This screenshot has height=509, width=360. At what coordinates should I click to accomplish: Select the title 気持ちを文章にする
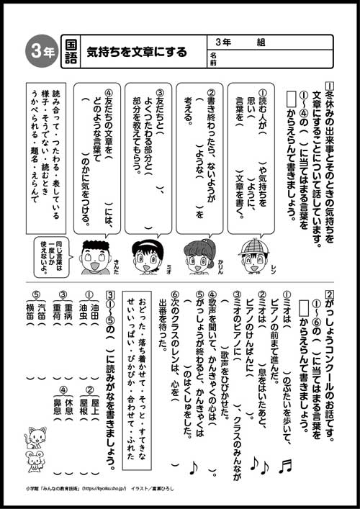137,51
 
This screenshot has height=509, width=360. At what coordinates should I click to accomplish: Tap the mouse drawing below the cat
34,461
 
